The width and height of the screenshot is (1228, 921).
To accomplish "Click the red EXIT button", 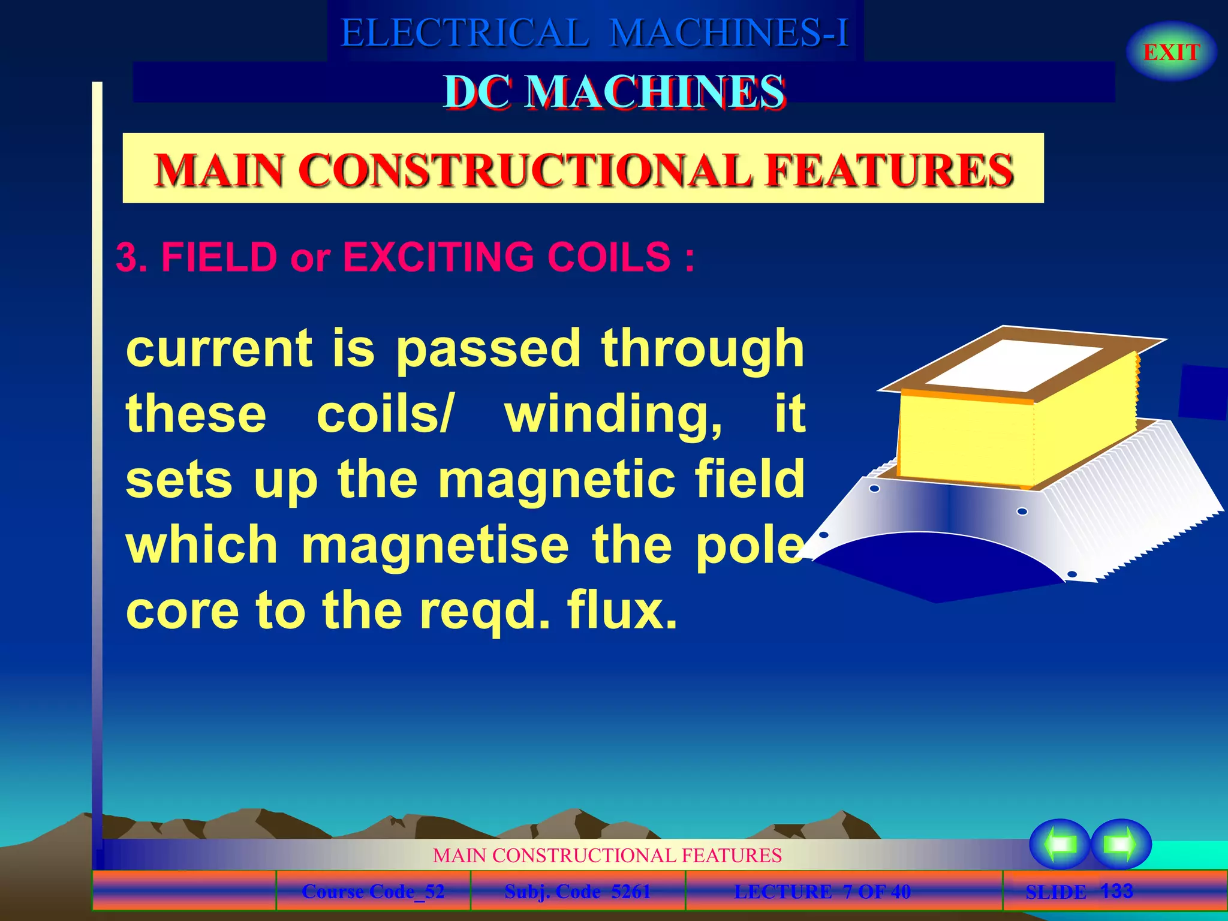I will coord(1171,52).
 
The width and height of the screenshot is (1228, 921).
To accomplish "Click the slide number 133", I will coord(1116,891).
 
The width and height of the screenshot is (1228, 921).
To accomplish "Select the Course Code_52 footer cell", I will coord(373,892).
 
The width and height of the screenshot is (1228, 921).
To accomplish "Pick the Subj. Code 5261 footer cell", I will coord(577,892).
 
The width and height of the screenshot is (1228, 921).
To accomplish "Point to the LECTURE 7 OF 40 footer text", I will coord(822,892).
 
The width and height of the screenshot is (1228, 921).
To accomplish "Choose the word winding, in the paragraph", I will coord(613,415).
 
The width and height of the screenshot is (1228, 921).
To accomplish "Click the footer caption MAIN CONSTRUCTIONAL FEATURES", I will coord(607,855).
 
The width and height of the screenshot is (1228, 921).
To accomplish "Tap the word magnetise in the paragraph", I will coord(435,545).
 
